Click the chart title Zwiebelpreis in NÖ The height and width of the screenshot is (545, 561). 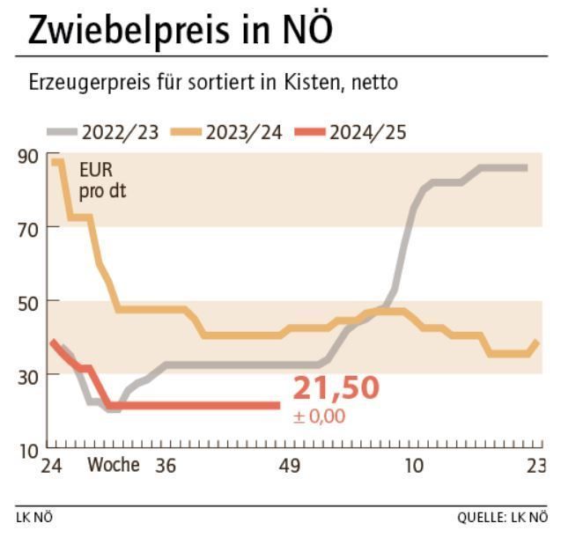(181, 30)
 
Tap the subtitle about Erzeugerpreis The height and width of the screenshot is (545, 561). (214, 84)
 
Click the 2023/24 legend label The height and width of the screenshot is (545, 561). (244, 133)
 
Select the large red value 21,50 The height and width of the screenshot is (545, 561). (336, 387)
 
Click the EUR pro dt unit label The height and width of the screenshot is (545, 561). (97, 178)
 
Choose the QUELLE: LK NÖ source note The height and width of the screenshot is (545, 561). (501, 518)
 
